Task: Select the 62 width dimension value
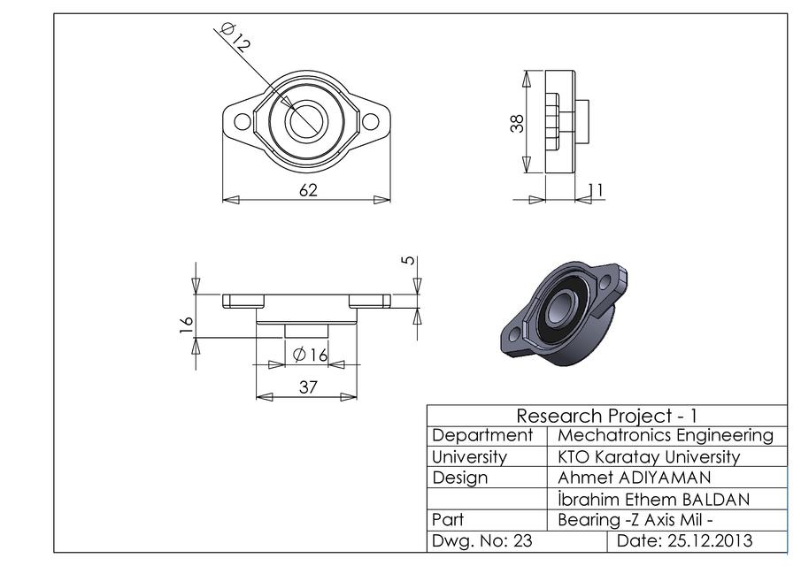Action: click(x=307, y=190)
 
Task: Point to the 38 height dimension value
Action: click(x=518, y=122)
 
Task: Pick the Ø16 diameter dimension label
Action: click(x=310, y=355)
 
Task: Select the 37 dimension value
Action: click(x=307, y=386)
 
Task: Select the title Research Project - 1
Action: click(x=607, y=416)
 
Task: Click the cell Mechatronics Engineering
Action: click(x=666, y=435)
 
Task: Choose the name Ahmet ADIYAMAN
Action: click(x=634, y=478)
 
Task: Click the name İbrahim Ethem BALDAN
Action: click(x=653, y=499)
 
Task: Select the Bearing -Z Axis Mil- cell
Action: click(x=635, y=519)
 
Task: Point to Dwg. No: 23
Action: click(x=481, y=540)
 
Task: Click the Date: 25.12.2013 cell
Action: click(x=685, y=540)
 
